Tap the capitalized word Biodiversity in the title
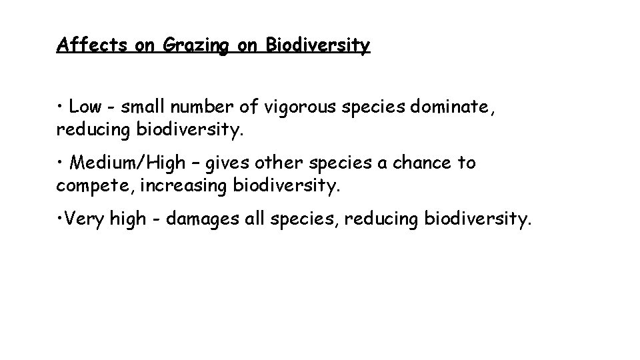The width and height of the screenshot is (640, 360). tap(317, 45)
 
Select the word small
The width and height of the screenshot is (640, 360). tap(141, 107)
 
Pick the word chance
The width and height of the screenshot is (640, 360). tap(419, 163)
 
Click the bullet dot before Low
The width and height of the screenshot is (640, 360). tap(60, 107)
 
